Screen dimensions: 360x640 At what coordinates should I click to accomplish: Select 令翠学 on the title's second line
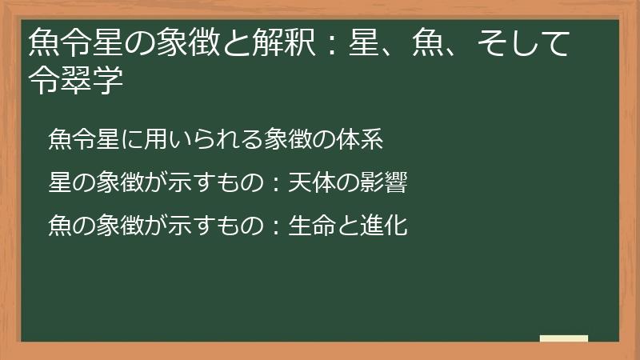[75, 81]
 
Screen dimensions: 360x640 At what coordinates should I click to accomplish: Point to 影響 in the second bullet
[387, 183]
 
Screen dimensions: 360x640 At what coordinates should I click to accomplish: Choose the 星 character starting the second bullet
[60, 183]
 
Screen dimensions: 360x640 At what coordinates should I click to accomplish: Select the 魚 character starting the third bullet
[60, 226]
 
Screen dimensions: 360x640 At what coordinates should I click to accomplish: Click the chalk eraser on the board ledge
[563, 338]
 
